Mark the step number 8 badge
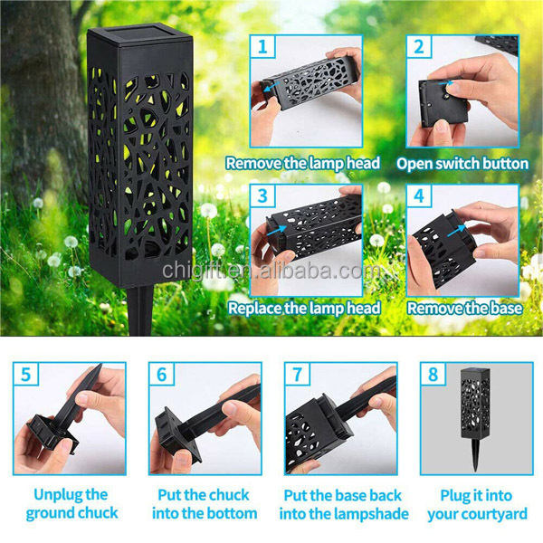[433, 374]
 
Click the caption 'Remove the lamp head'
[303, 164]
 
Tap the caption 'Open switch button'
[462, 164]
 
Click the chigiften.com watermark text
[271, 272]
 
